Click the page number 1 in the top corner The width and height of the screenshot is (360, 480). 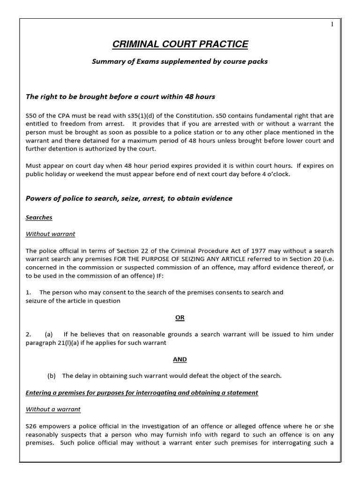pyautogui.click(x=332, y=25)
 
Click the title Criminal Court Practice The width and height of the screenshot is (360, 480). pyautogui.click(x=180, y=45)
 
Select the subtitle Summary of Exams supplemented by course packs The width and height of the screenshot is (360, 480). pyautogui.click(x=180, y=61)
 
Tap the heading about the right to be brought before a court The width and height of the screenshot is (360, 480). pyautogui.click(x=120, y=97)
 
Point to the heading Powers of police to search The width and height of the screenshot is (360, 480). pyautogui.click(x=129, y=198)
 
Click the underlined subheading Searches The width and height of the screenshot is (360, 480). pyautogui.click(x=39, y=217)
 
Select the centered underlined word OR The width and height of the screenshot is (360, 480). pyautogui.click(x=180, y=317)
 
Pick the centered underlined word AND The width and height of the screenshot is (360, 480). pyautogui.click(x=180, y=359)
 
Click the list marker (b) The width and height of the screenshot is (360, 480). pyautogui.click(x=52, y=376)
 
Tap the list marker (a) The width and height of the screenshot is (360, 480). pyautogui.click(x=49, y=334)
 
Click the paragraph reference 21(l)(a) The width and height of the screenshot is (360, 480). pyautogui.click(x=75, y=343)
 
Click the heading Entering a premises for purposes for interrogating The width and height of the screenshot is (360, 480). pyautogui.click(x=142, y=392)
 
